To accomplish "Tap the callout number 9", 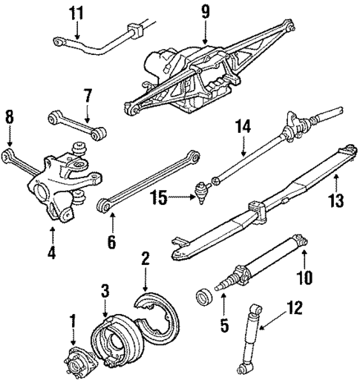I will tap(206, 12).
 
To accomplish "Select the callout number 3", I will tap(105, 289).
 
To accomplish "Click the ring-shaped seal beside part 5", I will tap(201, 299).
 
